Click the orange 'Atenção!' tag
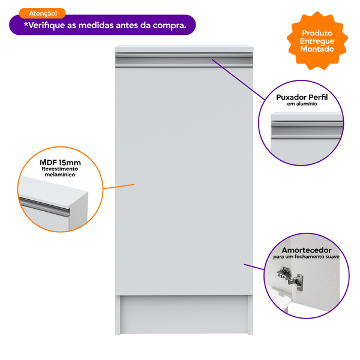pyautogui.click(x=43, y=13)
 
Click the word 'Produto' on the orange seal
pyautogui.click(x=317, y=33)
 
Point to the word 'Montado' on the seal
pyautogui.click(x=317, y=49)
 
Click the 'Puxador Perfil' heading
pyautogui.click(x=302, y=97)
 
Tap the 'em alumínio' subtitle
pyautogui.click(x=302, y=104)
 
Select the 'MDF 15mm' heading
pyautogui.click(x=60, y=163)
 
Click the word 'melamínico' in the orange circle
pyautogui.click(x=59, y=175)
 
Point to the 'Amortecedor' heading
pyautogui.click(x=307, y=250)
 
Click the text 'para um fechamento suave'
pyautogui.click(x=306, y=257)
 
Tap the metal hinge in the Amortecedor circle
pyautogui.click(x=290, y=279)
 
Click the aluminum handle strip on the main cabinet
pyautogui.click(x=184, y=60)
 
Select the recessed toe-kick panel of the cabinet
pyautogui.click(x=184, y=314)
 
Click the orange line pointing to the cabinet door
pyautogui.click(x=119, y=187)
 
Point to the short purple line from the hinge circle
pyautogui.click(x=254, y=267)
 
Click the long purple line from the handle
pyautogui.click(x=239, y=80)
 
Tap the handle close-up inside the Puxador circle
pyautogui.click(x=307, y=130)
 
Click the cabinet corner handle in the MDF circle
pyautogui.click(x=44, y=206)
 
